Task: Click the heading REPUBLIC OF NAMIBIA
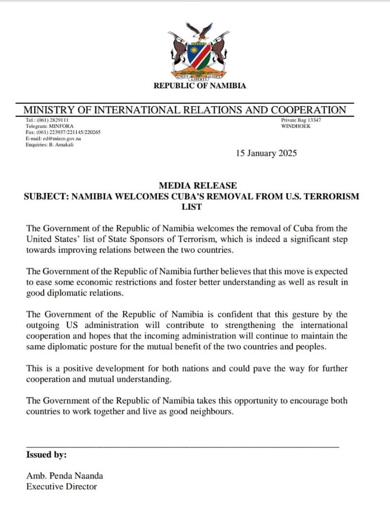click(x=200, y=86)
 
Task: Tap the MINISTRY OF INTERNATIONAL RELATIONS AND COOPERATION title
click(x=185, y=110)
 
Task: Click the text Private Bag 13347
click(x=301, y=120)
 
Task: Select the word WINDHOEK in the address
click(x=296, y=126)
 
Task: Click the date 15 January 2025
click(x=266, y=153)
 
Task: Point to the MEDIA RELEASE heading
click(x=198, y=185)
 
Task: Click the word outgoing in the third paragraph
click(x=44, y=325)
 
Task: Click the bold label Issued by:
click(x=47, y=455)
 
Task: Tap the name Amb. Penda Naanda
click(x=65, y=476)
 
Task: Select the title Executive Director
click(x=62, y=487)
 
